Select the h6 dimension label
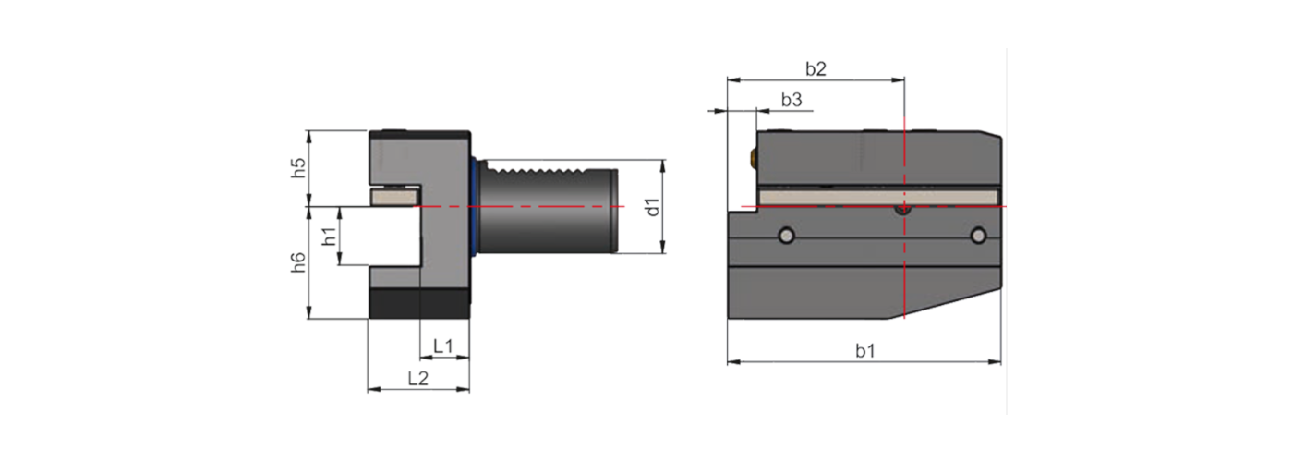(297, 262)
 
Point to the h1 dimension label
(329, 237)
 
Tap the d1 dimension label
(652, 207)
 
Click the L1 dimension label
(443, 346)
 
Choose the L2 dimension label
(417, 378)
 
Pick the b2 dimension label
(815, 68)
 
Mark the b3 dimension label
(791, 99)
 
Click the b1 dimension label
(864, 350)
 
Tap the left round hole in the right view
(785, 237)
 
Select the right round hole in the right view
(978, 237)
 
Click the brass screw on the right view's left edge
(755, 158)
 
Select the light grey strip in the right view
(877, 197)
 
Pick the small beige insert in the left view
(393, 196)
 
